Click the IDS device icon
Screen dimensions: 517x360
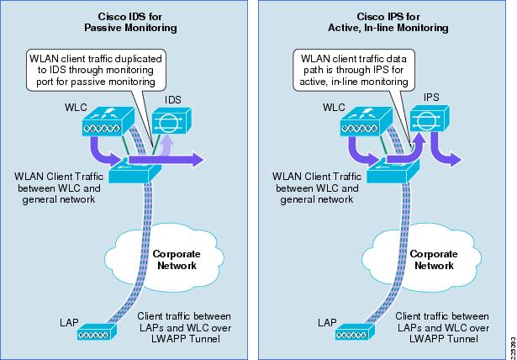tap(171, 120)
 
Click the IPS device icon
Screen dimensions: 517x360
tap(430, 118)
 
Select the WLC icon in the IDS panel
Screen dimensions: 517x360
tap(108, 121)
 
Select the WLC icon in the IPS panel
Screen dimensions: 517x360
tap(366, 121)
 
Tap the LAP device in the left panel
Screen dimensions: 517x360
tap(98, 331)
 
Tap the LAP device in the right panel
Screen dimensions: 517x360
tap(356, 331)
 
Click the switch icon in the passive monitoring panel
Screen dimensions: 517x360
tap(135, 171)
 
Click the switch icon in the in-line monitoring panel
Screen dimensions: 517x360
tap(393, 171)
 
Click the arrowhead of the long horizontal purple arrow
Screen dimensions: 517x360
tap(198, 160)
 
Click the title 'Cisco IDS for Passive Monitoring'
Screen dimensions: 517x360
tap(130, 22)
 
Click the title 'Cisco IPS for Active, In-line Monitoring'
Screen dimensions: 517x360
tap(388, 22)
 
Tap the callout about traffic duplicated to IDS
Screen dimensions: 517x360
tap(96, 70)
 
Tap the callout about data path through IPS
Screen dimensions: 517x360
tap(354, 70)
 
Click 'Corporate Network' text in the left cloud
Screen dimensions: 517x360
tap(177, 260)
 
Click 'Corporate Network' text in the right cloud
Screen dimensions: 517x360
tap(434, 260)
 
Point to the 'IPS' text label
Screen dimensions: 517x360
tap(431, 98)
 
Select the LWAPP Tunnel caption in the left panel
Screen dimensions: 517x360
tap(184, 327)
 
